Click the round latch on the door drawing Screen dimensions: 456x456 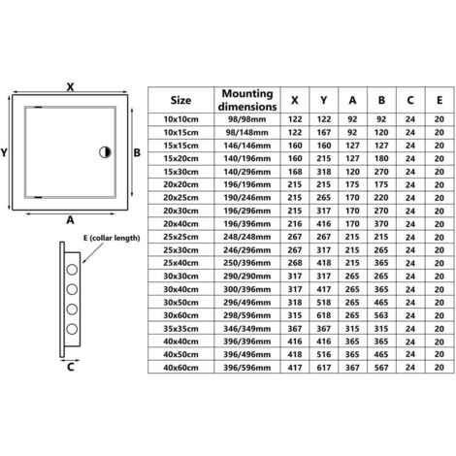point(106,152)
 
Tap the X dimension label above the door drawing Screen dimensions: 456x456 point(70,84)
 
